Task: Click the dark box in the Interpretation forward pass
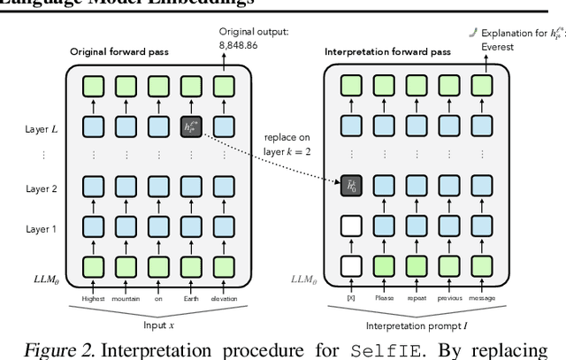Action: coord(351,187)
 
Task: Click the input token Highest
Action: coord(94,299)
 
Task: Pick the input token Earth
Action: coord(188,299)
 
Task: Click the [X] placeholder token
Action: coord(351,299)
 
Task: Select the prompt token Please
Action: coord(383,299)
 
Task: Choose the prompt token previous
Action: coord(447,299)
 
